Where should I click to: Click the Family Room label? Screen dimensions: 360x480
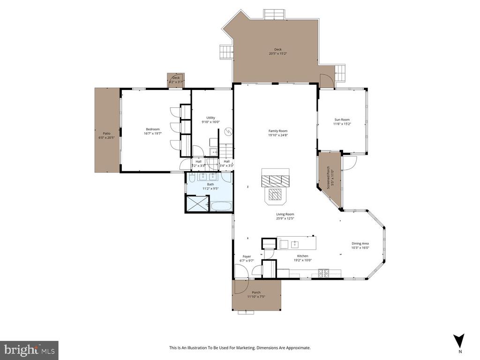[277, 131]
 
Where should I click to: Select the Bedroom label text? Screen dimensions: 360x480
[153, 129]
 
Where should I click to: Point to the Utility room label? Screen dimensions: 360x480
[210, 118]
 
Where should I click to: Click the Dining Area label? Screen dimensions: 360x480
[360, 243]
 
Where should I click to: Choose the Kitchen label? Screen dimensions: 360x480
[302, 256]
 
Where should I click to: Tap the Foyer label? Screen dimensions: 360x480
[246, 256]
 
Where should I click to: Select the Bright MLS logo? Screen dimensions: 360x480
[29, 350]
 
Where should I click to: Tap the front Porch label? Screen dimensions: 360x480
[256, 292]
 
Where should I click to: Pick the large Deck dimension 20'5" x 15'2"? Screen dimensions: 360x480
[278, 53]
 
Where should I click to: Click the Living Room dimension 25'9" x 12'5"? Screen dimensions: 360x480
[285, 218]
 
